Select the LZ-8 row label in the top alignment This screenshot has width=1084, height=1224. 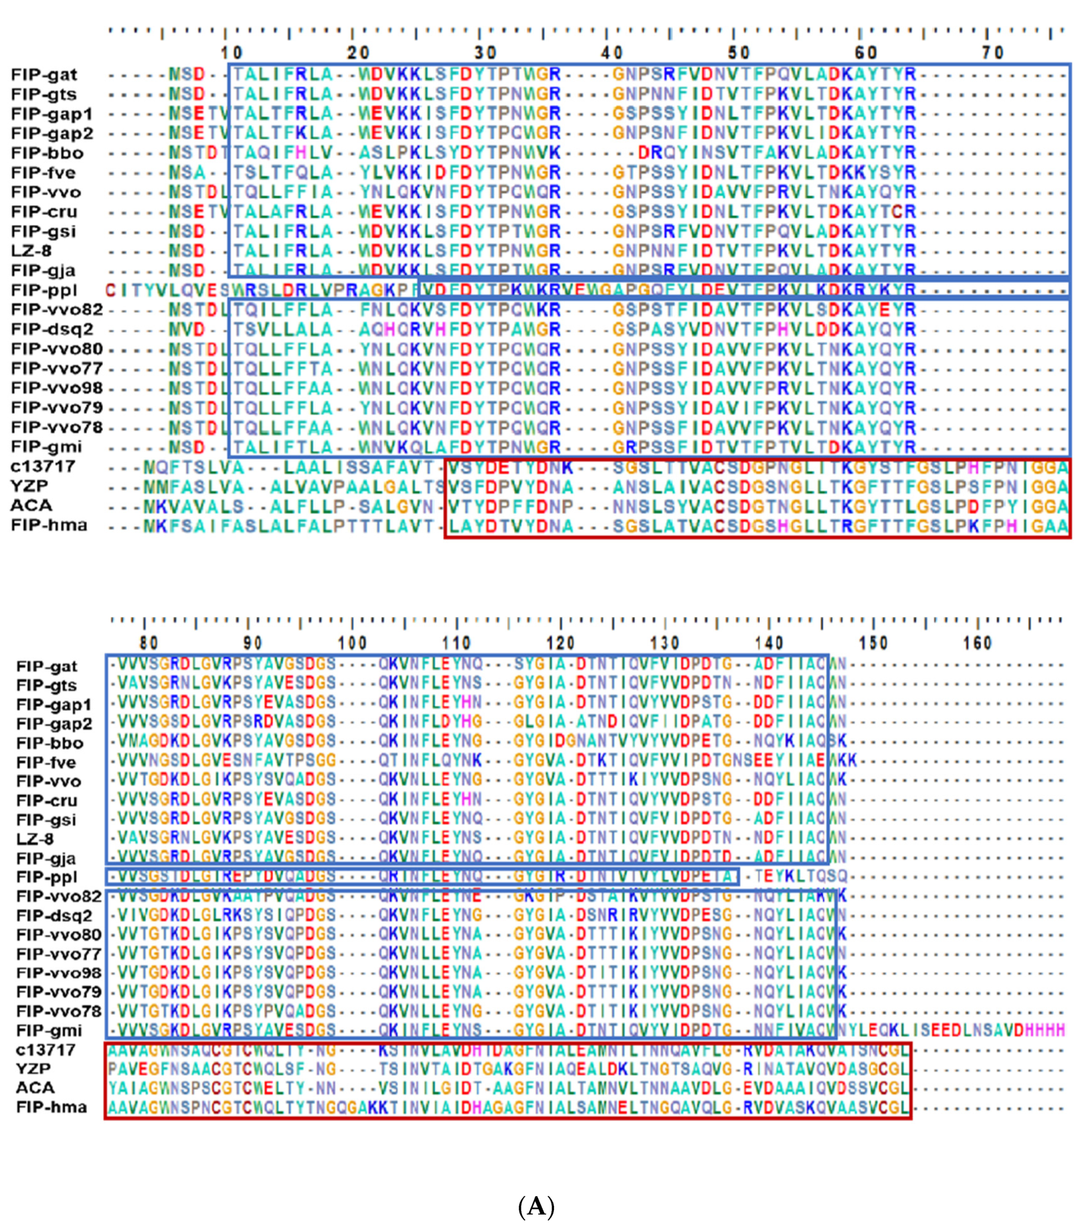31,251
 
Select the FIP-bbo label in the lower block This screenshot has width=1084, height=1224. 50,743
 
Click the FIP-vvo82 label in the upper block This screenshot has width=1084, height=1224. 57,310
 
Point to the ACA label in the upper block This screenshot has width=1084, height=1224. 31,506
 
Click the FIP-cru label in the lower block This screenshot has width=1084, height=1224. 46,801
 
